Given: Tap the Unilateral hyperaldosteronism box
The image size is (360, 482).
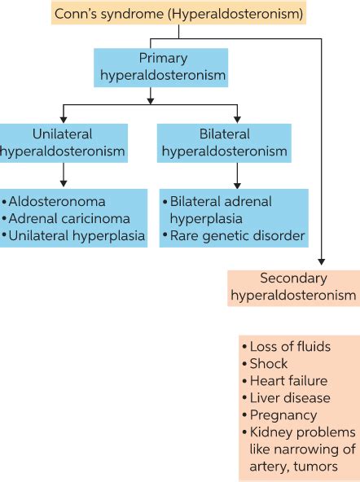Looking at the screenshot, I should [x=63, y=142].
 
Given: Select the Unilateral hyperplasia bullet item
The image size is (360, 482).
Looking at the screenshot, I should [x=74, y=235].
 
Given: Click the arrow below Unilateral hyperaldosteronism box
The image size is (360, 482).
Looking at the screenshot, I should [x=63, y=173].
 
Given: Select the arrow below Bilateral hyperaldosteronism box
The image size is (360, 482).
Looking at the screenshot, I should [x=237, y=173].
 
